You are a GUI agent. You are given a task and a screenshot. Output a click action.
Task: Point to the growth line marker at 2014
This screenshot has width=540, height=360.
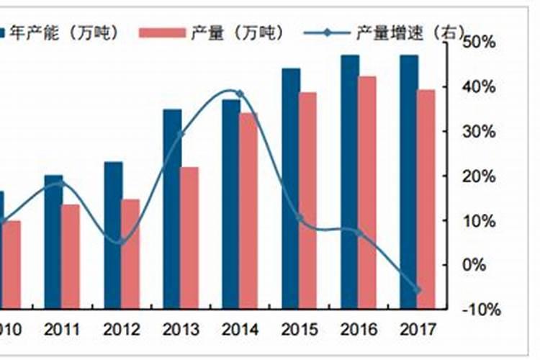coord(240,94)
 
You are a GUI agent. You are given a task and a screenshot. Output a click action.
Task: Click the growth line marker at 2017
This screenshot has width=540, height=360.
coord(417,290)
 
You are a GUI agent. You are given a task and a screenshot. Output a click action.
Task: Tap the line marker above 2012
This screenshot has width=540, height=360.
coord(121,241)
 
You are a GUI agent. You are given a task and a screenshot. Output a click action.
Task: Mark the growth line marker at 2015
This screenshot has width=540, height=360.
coord(300,218)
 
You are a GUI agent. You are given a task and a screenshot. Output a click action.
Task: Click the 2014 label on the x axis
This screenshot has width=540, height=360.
coord(240,330)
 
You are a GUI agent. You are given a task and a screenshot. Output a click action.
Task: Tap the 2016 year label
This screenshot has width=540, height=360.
coord(359,330)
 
